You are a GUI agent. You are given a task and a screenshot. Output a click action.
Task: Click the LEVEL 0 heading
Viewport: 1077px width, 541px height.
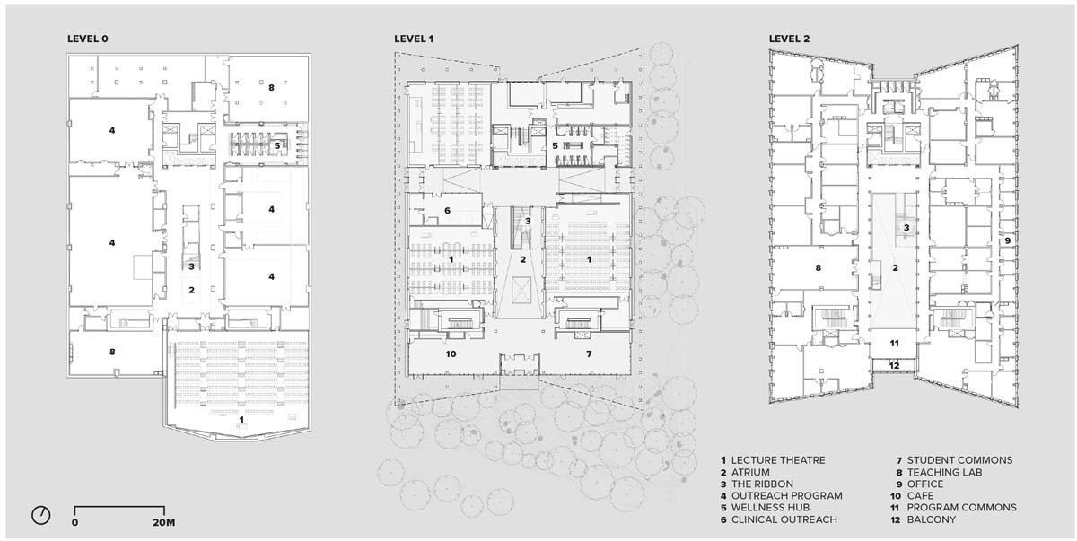[88, 39]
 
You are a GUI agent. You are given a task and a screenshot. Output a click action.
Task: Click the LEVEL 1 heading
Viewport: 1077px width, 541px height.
[414, 39]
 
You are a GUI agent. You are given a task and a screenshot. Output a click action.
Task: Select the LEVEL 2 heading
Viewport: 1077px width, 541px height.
[789, 39]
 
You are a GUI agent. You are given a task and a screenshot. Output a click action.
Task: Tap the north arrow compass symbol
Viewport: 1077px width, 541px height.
[41, 515]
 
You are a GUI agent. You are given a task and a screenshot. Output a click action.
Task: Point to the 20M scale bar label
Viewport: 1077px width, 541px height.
[164, 523]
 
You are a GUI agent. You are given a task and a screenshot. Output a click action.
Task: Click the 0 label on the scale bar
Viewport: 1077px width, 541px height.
[74, 523]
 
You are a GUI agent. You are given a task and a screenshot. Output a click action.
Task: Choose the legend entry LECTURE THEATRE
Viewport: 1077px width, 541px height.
[773, 460]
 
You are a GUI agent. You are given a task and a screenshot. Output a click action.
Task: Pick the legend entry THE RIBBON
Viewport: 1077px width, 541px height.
[757, 484]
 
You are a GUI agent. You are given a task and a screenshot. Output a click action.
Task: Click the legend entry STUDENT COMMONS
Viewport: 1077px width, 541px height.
[954, 460]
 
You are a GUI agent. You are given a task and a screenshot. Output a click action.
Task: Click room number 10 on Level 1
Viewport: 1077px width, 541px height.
[451, 354]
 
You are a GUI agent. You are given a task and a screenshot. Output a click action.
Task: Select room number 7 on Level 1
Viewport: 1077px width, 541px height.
[589, 354]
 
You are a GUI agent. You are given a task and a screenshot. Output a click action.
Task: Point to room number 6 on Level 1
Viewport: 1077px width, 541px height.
[447, 211]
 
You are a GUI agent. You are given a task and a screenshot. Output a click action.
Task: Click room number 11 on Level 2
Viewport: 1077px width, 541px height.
[894, 343]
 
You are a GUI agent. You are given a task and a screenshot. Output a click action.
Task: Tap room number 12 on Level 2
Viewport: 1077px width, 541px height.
[894, 366]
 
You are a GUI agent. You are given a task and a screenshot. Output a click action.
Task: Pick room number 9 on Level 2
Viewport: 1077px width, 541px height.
[1007, 240]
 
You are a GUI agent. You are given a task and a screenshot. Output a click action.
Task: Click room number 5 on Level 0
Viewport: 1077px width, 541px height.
[277, 145]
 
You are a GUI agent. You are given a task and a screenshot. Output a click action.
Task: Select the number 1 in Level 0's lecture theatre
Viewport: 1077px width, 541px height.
[241, 420]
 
